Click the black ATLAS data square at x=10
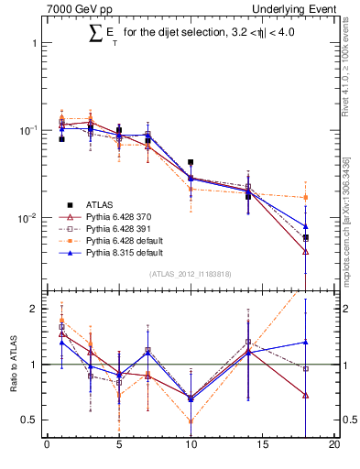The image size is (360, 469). point(191,162)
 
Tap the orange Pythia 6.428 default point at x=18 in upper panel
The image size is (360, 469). point(305,197)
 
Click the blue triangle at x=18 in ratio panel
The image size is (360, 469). point(305,342)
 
